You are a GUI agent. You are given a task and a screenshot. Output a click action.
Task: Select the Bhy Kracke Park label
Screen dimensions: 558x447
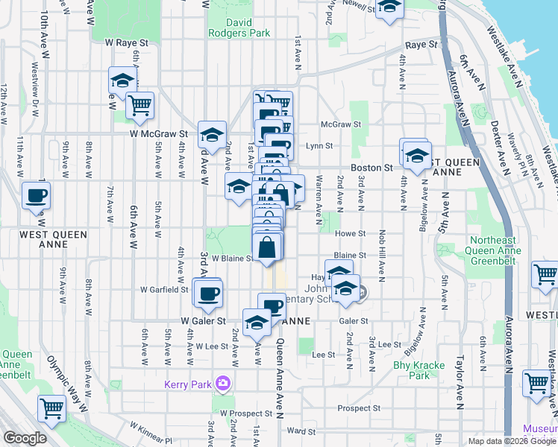pos(418,370)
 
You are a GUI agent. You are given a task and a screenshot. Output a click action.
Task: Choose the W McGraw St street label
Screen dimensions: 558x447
pos(157,134)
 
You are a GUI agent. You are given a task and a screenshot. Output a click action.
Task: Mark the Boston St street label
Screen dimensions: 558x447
pos(372,168)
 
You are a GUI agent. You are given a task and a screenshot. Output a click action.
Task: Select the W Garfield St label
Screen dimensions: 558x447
pos(164,290)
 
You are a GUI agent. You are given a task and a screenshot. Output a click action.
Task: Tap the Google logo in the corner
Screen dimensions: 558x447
pos(25,438)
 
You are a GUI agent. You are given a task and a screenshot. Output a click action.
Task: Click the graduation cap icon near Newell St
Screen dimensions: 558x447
pos(389,7)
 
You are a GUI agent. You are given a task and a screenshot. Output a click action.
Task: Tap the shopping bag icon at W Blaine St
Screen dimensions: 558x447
pos(268,247)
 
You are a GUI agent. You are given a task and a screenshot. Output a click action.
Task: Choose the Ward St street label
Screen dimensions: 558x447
pos(301,431)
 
